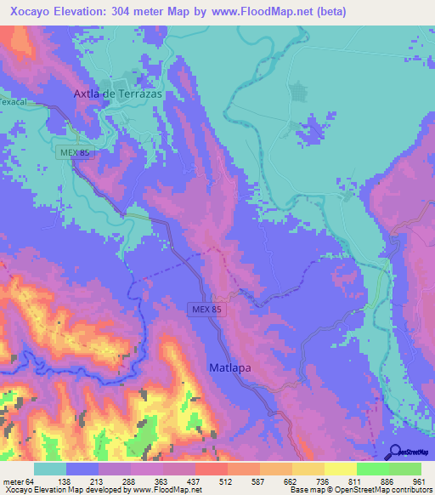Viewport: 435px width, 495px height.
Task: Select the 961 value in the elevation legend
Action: [x=417, y=481]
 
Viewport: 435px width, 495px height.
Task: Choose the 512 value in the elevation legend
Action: [x=225, y=481]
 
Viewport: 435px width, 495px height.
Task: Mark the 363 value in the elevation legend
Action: [x=161, y=481]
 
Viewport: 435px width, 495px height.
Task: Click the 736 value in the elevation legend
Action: [x=321, y=481]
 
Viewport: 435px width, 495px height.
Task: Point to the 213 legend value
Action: [x=97, y=481]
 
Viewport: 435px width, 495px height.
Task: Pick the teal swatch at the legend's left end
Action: [x=50, y=469]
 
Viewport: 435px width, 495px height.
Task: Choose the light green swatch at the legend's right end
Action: [x=404, y=469]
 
